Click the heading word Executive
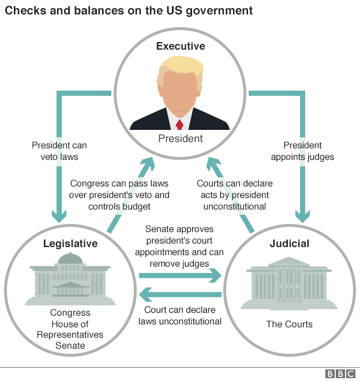pyautogui.click(x=181, y=46)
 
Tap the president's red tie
pyautogui.click(x=180, y=124)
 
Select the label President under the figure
pyautogui.click(x=181, y=139)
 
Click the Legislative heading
pyautogui.click(x=70, y=244)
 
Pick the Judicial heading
pyautogui.click(x=289, y=244)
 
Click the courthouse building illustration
pyautogui.click(x=289, y=283)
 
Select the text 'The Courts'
pyautogui.click(x=289, y=324)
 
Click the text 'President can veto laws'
pyautogui.click(x=59, y=151)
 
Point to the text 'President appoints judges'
pyautogui.click(x=302, y=151)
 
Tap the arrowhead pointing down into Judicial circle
pyautogui.click(x=302, y=216)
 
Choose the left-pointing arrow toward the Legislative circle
pyautogui.click(x=180, y=295)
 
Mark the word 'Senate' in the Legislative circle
pyautogui.click(x=70, y=346)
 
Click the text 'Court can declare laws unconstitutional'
pyautogui.click(x=180, y=315)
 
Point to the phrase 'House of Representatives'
pyautogui.click(x=70, y=330)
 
